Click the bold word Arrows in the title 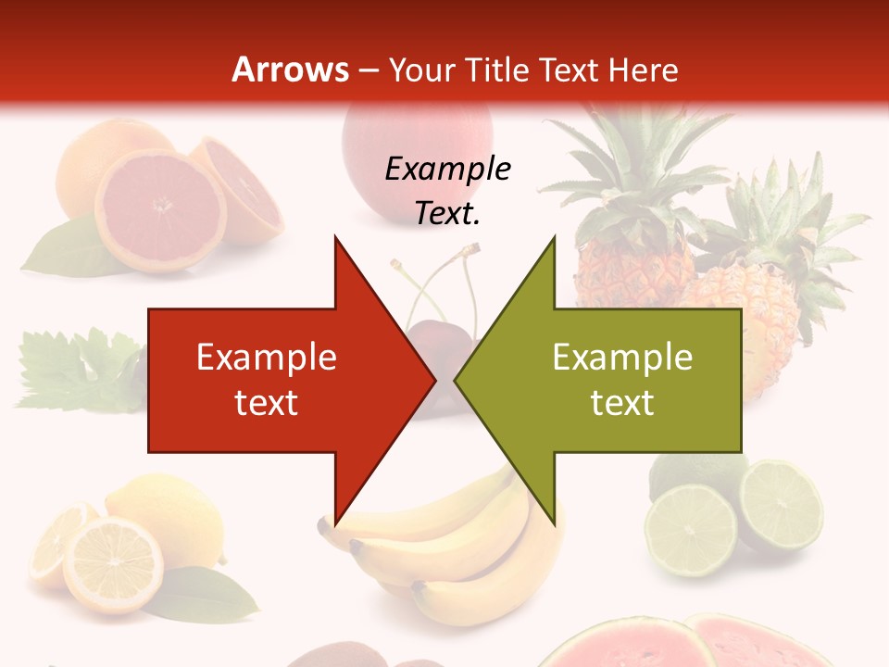(290, 69)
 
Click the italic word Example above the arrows (448, 170)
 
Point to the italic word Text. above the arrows (448, 214)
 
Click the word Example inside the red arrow (267, 358)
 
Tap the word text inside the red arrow (267, 403)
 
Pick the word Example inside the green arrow (622, 358)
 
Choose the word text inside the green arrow (622, 403)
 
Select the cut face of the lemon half (113, 565)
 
